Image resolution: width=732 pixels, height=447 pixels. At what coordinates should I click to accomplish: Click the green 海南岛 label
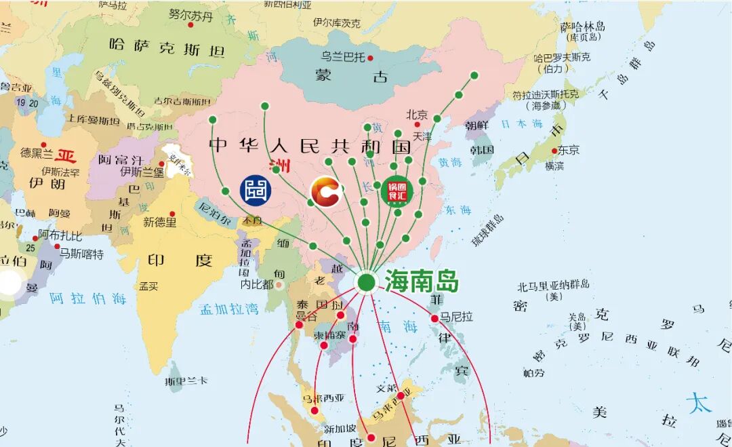(x=422, y=281)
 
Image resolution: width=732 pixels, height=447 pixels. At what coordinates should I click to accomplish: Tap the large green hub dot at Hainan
(x=366, y=282)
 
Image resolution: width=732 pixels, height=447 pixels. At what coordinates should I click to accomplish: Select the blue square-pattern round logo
(x=257, y=191)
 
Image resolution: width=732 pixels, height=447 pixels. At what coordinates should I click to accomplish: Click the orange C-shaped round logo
(x=325, y=191)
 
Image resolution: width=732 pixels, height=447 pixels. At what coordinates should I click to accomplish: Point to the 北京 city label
(x=417, y=115)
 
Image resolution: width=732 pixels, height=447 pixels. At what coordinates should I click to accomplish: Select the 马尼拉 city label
(x=457, y=316)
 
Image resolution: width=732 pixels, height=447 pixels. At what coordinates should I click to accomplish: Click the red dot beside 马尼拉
(x=434, y=318)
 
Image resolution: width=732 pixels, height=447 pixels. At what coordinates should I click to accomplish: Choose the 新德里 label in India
(x=160, y=222)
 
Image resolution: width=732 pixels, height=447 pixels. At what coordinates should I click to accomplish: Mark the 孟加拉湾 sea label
(x=229, y=309)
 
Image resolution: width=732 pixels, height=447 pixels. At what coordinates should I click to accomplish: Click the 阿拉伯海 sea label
(x=88, y=298)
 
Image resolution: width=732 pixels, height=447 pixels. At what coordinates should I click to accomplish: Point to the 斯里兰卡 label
(x=185, y=382)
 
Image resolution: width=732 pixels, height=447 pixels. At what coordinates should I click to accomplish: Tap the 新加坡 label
(x=340, y=429)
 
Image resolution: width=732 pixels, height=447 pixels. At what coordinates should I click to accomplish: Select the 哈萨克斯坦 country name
(x=167, y=47)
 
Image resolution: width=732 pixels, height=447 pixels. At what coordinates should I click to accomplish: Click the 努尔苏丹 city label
(x=190, y=14)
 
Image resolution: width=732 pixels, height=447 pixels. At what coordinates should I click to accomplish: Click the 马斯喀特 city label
(x=81, y=254)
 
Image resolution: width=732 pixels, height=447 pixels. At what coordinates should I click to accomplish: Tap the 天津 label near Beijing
(x=422, y=136)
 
